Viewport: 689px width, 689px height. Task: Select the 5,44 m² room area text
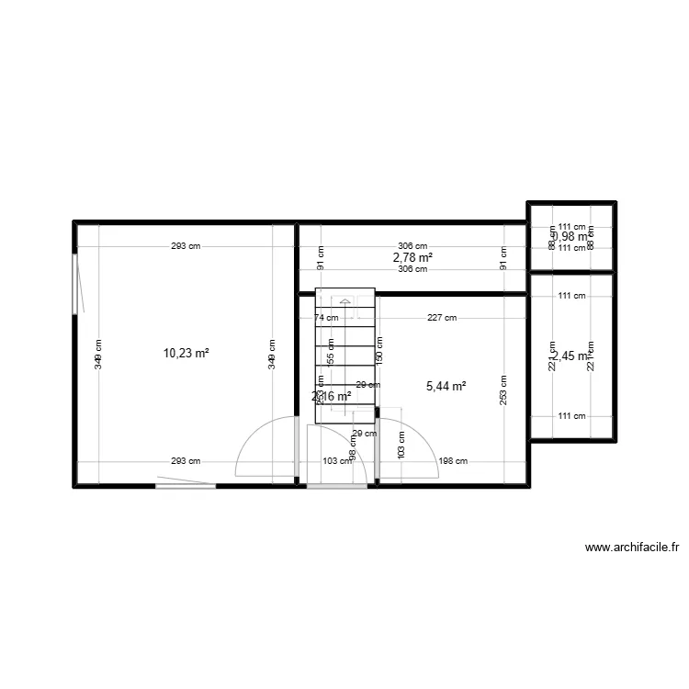[446, 387]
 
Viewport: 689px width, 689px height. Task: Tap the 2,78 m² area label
[412, 258]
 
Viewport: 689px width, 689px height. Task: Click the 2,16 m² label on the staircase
[332, 397]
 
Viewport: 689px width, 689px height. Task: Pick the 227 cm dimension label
[442, 318]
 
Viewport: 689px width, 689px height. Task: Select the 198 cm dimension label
[454, 461]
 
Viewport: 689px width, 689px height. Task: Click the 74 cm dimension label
[326, 318]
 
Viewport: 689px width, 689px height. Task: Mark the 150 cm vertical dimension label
[380, 349]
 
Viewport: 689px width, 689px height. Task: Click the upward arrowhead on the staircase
[344, 299]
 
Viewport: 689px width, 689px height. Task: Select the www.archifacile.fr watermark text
[631, 548]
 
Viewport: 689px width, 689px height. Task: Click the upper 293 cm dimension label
[185, 246]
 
